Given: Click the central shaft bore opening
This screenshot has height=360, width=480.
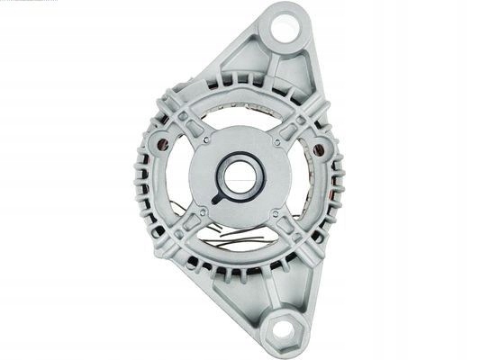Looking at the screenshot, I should click(239, 175).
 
